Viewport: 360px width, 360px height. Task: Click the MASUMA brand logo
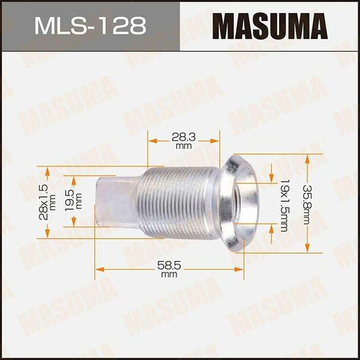pyautogui.click(x=270, y=26)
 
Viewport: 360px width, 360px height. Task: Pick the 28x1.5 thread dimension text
pyautogui.click(x=45, y=202)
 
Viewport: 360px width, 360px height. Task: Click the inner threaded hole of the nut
pyautogui.click(x=238, y=203)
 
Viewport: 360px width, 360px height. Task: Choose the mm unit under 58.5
pyautogui.click(x=169, y=274)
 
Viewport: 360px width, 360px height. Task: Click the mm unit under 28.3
pyautogui.click(x=183, y=146)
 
